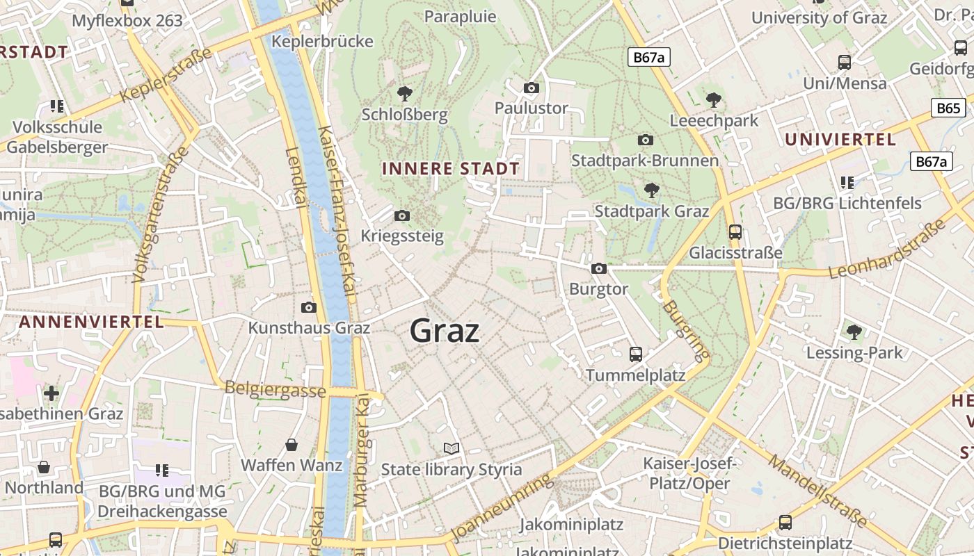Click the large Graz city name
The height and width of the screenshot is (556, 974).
tap(445, 331)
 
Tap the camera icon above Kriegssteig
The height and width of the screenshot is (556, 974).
tap(401, 216)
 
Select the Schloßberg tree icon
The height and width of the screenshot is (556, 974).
tap(404, 93)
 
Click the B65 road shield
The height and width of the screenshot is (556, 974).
tap(948, 108)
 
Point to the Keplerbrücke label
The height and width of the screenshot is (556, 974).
tap(322, 41)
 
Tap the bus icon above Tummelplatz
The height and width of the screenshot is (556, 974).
tap(635, 354)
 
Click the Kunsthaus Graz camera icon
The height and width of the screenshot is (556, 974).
tap(309, 307)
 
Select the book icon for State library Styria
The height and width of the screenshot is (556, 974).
tap(452, 449)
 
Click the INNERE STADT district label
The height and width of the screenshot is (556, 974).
tap(451, 169)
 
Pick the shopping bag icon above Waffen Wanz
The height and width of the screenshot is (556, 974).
tap(292, 445)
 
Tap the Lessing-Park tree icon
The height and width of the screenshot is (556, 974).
tap(854, 332)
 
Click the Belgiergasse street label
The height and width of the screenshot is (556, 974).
tap(275, 389)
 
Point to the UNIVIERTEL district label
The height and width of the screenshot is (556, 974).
tap(840, 140)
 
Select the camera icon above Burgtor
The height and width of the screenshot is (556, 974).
tap(598, 268)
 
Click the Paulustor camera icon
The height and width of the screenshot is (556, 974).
tap(532, 88)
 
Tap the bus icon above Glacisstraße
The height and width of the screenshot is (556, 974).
tap(735, 232)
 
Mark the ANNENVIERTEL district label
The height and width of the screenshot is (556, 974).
tap(91, 322)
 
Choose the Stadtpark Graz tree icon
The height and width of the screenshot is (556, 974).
tap(651, 190)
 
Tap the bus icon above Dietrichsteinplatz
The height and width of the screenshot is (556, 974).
tap(785, 523)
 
